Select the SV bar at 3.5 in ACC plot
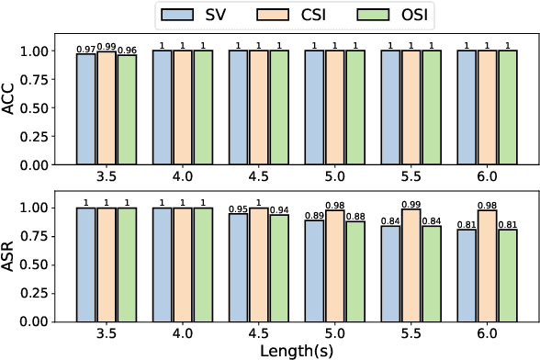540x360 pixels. point(85,109)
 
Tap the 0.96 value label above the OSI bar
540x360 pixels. point(126,48)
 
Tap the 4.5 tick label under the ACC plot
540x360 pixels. point(258,174)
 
